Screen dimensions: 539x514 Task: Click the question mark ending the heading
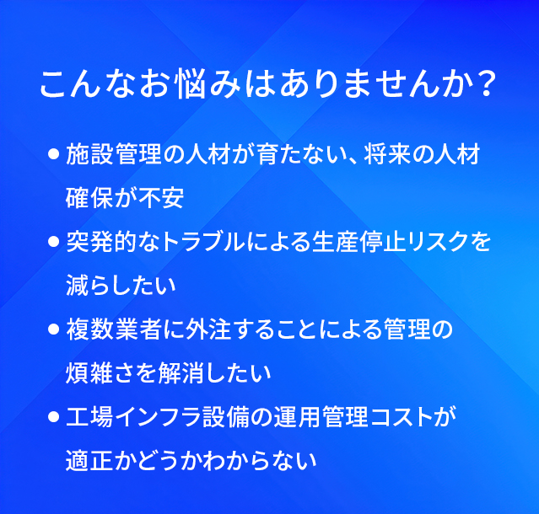(486, 84)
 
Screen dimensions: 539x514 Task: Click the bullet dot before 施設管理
(54, 154)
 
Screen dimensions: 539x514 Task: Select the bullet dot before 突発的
(54, 242)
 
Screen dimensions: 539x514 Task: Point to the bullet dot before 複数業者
(54, 329)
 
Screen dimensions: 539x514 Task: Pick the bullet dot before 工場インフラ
(54, 417)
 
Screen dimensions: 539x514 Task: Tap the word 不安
(161, 198)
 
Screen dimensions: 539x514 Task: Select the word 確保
(89, 198)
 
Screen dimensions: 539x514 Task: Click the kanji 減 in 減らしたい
(78, 286)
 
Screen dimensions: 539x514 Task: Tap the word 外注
(208, 329)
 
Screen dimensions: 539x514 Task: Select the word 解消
(181, 373)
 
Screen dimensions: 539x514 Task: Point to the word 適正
(89, 461)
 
